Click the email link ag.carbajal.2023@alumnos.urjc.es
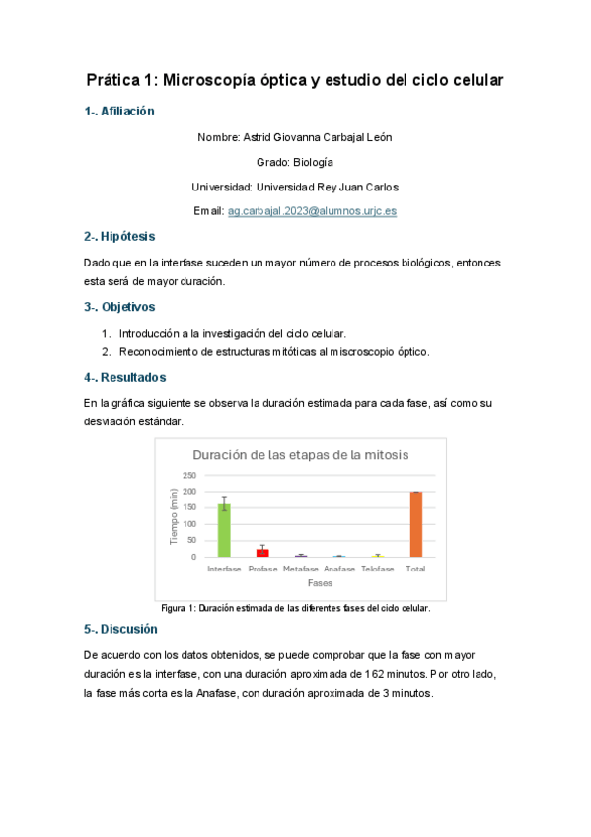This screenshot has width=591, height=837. pos(312,211)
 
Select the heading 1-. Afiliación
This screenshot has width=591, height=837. pos(119,113)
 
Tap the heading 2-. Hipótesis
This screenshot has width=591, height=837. pos(119,237)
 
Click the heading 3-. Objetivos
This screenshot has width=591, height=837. pos(119,307)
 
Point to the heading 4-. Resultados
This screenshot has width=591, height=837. pos(124,377)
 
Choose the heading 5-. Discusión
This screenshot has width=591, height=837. pos(120,629)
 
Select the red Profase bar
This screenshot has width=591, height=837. pos(262,552)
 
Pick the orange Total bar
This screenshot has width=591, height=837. pos(415,524)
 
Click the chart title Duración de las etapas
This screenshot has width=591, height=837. pos(300,455)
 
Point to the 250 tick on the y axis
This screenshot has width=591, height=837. pos(188,476)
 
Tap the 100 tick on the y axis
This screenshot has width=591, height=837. pos(188,524)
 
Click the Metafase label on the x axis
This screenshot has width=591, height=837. pos(301,570)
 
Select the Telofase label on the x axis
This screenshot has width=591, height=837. pos(377,570)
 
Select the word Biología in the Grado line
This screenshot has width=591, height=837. pos(312,162)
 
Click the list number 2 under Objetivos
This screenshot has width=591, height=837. pos(105,351)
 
